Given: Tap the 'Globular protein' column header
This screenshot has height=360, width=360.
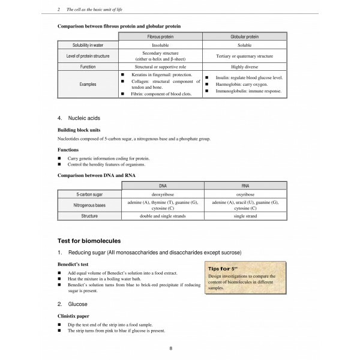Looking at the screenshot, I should [x=242, y=37].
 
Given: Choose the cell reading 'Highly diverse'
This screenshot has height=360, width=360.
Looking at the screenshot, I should [x=242, y=68].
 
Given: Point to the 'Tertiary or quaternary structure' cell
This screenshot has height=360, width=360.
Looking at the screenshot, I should [x=242, y=57].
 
